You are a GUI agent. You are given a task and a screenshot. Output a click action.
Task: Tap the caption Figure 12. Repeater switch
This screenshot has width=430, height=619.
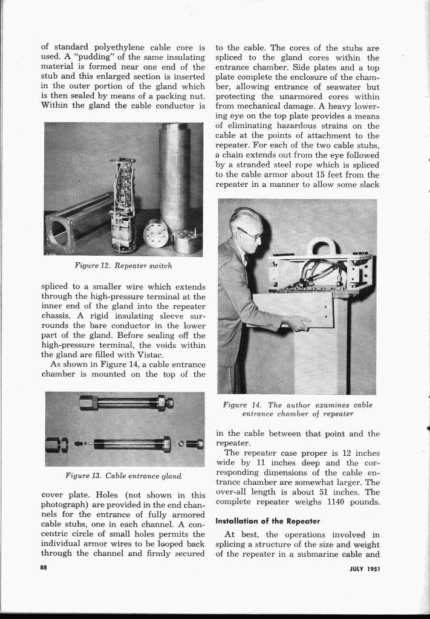(123, 265)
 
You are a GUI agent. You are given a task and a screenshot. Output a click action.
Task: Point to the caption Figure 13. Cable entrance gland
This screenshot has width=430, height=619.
(123, 476)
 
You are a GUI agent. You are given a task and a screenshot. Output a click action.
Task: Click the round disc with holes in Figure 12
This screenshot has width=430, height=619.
(155, 233)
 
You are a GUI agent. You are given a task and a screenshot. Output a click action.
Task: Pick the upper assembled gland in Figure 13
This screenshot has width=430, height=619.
(128, 403)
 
